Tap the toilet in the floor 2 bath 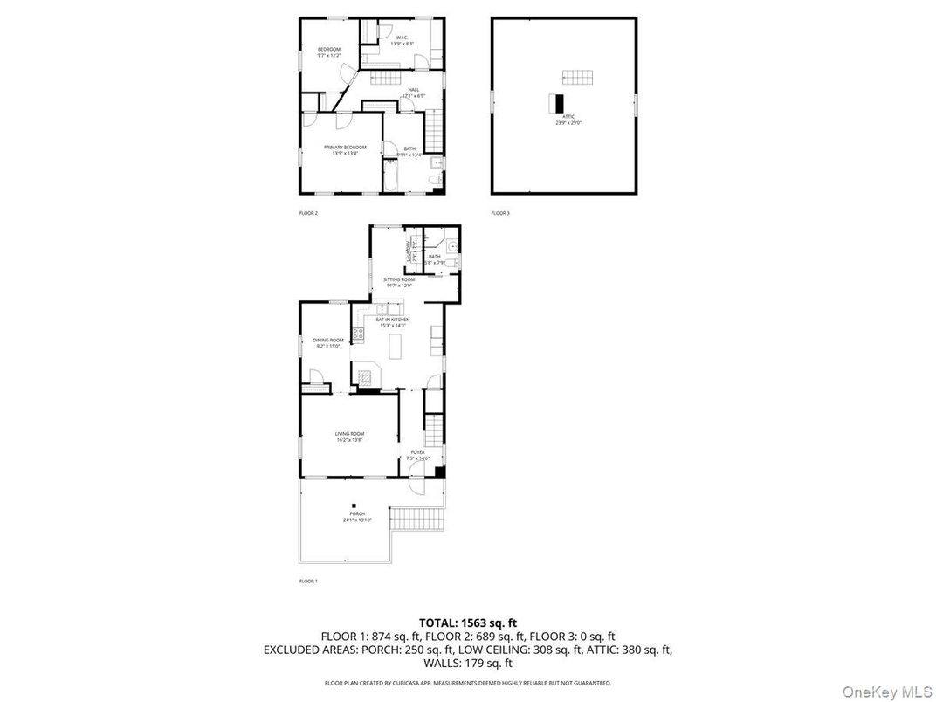[x=434, y=181]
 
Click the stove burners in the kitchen [x=358, y=333]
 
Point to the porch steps [x=405, y=519]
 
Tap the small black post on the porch [x=354, y=504]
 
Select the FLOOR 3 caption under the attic [x=499, y=213]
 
